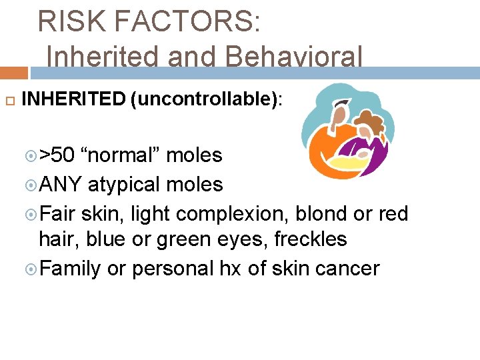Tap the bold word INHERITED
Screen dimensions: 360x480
73,100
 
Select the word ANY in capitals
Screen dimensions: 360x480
61,184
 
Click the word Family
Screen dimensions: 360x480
70,269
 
